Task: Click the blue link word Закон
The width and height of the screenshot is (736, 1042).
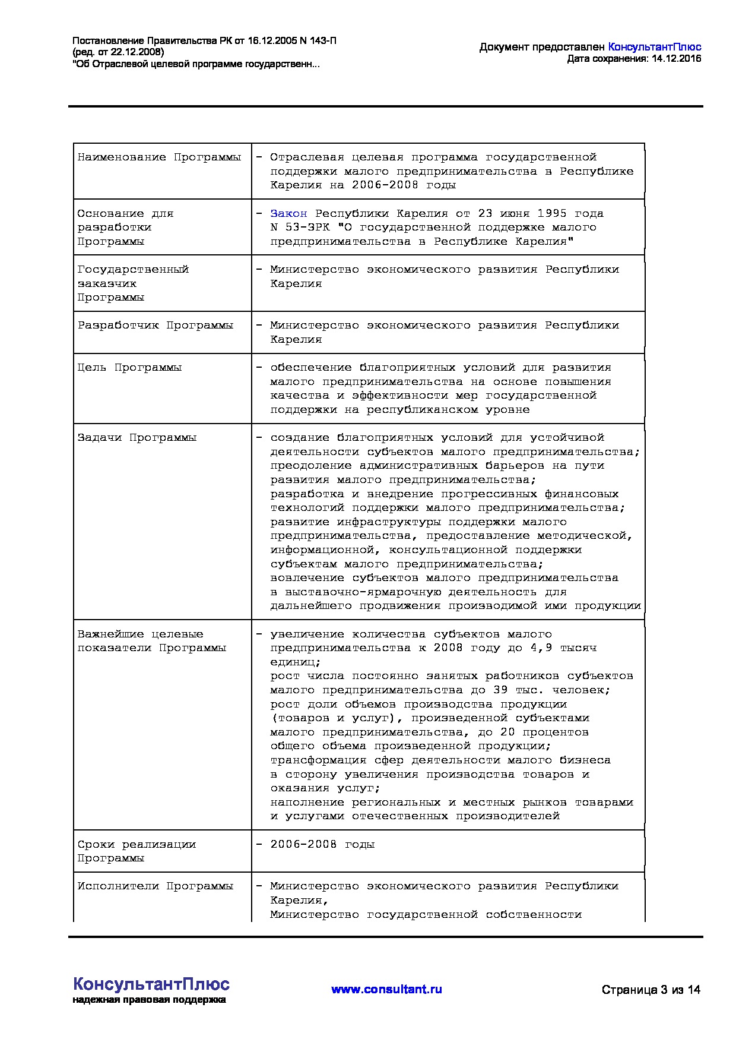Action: tap(288, 213)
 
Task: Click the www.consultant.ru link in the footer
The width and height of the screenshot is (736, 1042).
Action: tap(386, 989)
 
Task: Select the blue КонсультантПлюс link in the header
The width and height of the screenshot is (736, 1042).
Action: tap(655, 47)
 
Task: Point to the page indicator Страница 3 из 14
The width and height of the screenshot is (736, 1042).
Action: tap(651, 990)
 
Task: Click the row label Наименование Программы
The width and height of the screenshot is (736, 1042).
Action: tap(159, 157)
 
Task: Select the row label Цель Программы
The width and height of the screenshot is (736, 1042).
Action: tap(129, 368)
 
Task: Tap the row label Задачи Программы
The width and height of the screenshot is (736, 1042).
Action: tap(137, 438)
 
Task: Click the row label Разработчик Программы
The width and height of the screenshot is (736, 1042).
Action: tap(155, 326)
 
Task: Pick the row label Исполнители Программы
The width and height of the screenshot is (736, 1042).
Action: tap(155, 886)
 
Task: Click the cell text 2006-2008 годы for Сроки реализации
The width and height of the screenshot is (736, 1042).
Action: tap(322, 844)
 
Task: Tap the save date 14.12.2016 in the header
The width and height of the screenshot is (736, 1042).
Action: tap(676, 58)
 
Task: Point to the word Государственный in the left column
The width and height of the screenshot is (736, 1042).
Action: tap(133, 270)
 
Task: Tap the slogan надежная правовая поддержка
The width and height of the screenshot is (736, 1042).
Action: tap(149, 1000)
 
